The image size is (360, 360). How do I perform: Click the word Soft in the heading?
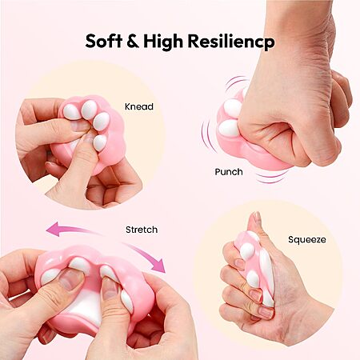tap(104, 41)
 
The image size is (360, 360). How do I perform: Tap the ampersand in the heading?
tap(133, 41)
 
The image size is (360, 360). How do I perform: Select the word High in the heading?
tap(163, 42)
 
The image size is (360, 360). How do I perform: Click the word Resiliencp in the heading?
tap(231, 42)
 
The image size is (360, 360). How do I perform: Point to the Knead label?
tap(139, 106)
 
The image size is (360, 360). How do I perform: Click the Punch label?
tap(229, 172)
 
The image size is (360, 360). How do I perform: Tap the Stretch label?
tap(142, 230)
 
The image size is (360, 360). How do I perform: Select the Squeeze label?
tap(307, 240)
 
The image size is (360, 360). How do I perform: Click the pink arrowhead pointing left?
tap(53, 229)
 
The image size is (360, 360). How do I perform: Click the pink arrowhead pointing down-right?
tap(159, 266)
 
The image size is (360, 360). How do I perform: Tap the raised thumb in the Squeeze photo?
tap(255, 223)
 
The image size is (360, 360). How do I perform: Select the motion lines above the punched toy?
tap(236, 82)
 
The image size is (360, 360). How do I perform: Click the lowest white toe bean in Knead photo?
tap(100, 142)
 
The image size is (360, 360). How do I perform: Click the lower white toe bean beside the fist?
tap(229, 127)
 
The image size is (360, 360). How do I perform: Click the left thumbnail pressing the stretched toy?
tap(71, 278)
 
